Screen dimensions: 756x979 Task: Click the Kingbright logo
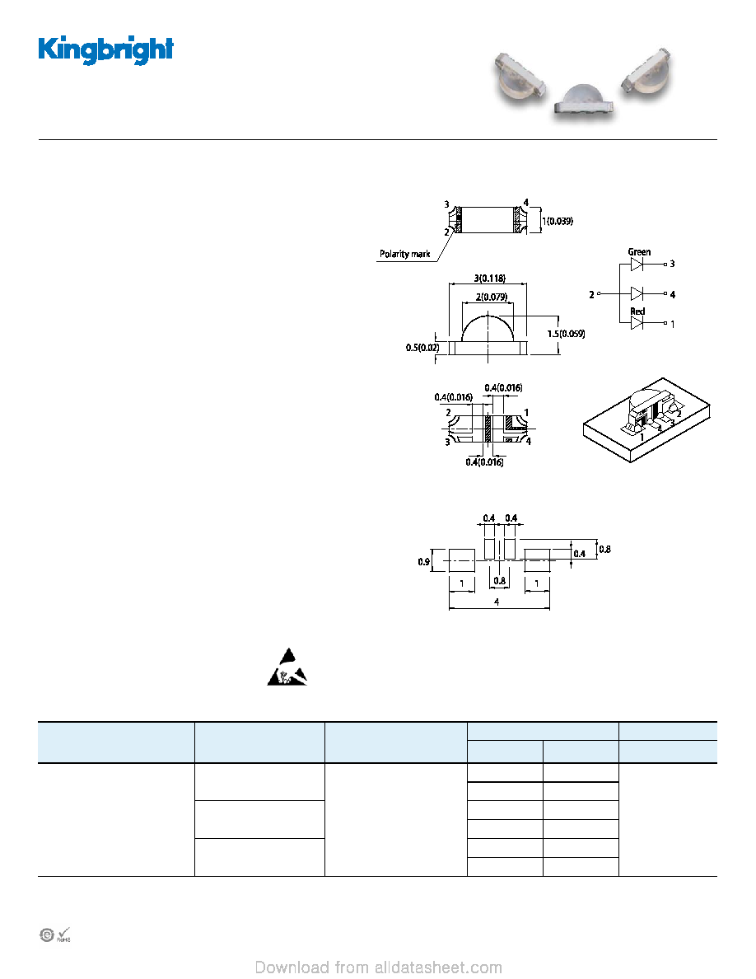coord(105,50)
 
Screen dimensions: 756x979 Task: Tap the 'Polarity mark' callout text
coord(405,254)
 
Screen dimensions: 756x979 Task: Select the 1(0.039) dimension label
coord(558,221)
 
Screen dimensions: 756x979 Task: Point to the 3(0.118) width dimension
coord(490,279)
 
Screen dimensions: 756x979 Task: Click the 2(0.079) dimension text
coord(492,297)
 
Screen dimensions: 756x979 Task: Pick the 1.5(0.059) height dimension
coord(567,334)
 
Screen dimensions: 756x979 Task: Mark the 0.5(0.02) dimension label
coord(422,348)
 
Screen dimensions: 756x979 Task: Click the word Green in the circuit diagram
coord(639,252)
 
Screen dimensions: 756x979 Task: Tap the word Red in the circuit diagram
coord(637,311)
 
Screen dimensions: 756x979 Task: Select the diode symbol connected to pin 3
coord(637,264)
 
